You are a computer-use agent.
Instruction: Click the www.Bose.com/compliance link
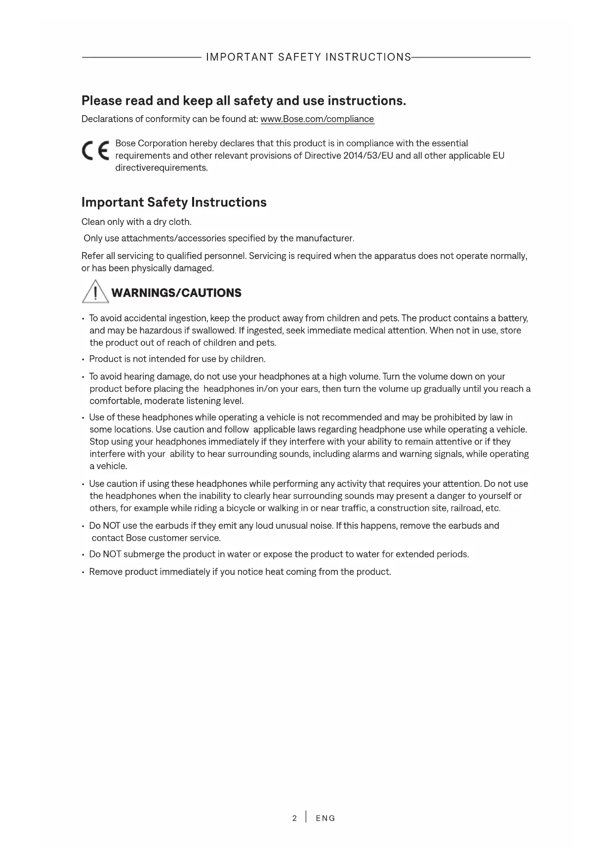[317, 119]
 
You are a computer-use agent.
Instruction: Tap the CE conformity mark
[96, 150]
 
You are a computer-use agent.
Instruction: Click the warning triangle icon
[95, 292]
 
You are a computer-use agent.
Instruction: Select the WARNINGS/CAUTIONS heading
[176, 293]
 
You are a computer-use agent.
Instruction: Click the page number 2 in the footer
[294, 818]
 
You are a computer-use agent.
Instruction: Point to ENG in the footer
[326, 818]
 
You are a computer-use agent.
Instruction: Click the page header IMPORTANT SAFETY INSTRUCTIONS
[308, 57]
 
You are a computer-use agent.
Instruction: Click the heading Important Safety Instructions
[174, 202]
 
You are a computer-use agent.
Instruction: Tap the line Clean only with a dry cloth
[136, 222]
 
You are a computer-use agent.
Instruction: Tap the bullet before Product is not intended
[83, 359]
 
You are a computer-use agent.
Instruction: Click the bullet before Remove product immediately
[83, 572]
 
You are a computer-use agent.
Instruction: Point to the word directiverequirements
[162, 168]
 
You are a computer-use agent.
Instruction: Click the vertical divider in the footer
[306, 817]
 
